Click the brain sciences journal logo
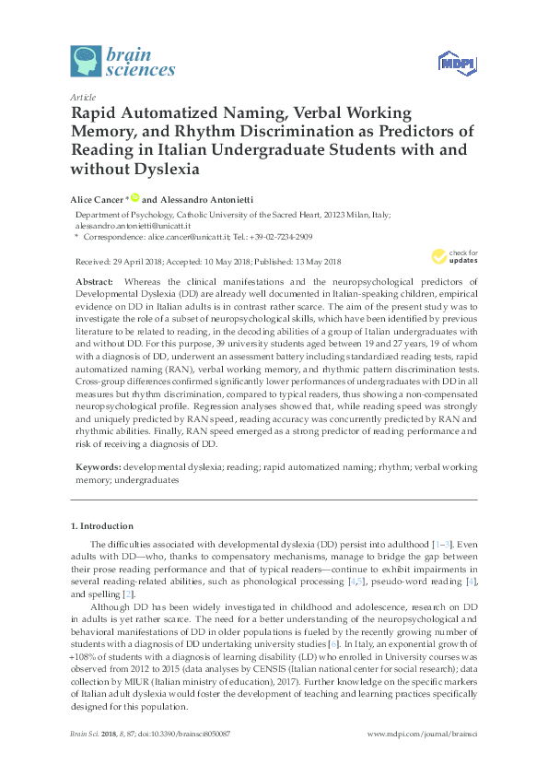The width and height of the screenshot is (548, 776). click(123, 59)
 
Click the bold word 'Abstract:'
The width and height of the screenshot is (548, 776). click(95, 280)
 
